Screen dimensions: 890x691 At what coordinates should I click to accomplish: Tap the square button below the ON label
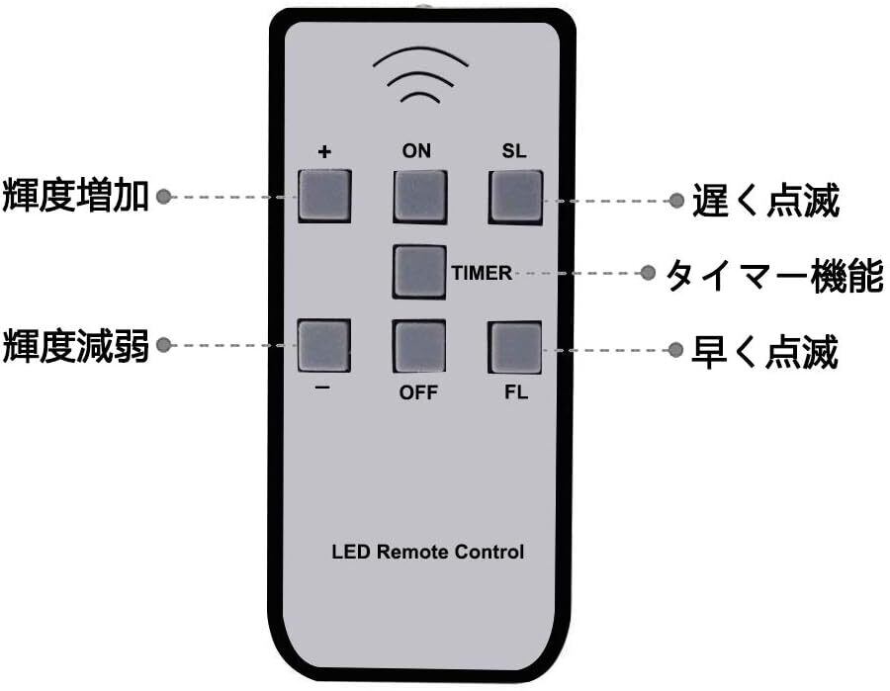point(420,197)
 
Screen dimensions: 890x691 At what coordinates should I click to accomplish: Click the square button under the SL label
point(515,198)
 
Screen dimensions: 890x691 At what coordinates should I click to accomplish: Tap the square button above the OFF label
point(419,346)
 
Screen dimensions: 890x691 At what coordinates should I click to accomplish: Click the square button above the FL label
point(515,348)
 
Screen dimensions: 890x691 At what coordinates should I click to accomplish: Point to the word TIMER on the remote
point(482,273)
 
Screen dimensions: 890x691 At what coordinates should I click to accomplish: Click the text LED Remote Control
point(427,552)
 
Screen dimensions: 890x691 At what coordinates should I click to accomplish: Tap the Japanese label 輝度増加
point(75,196)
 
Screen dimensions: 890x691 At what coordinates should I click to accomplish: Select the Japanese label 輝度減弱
point(75,346)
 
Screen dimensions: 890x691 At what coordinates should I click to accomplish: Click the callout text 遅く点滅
point(765,201)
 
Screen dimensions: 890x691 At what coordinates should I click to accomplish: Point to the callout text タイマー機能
point(774,276)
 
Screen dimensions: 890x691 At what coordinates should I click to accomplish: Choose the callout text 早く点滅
point(764,352)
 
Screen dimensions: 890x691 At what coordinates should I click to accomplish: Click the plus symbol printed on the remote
point(324,152)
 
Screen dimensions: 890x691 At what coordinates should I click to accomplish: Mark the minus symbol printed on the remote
point(322,387)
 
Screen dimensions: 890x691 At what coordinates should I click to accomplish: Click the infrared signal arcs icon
point(420,75)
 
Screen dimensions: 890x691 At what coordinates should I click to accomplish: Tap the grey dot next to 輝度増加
point(163,197)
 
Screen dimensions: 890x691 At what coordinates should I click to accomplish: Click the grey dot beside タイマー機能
point(647,273)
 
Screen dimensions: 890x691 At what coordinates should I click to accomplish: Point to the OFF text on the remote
point(418,392)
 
